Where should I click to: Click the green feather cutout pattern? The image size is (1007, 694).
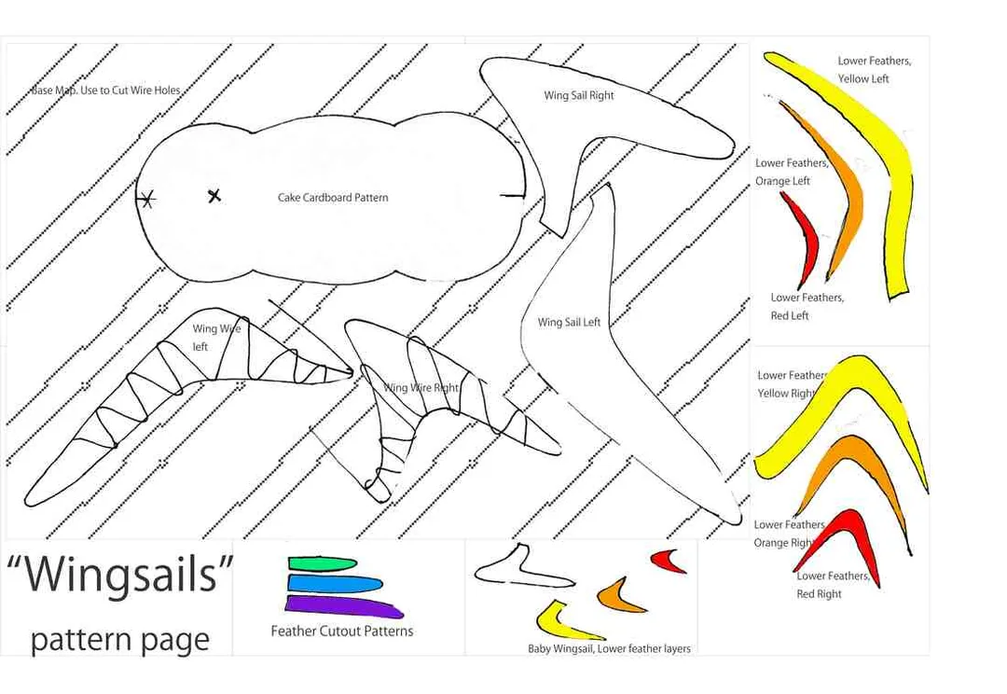[x=322, y=563]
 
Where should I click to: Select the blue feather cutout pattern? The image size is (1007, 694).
[x=335, y=584]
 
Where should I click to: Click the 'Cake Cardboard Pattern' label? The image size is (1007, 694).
[x=333, y=197]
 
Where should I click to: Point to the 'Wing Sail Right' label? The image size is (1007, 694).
[x=579, y=95]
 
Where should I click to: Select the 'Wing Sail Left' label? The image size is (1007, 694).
[x=569, y=322]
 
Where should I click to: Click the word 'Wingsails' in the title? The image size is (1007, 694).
[x=120, y=573]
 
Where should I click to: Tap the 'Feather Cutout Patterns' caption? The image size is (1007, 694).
[x=341, y=631]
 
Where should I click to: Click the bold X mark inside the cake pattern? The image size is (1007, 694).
[x=214, y=195]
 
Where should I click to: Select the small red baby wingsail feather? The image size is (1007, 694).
[x=667, y=561]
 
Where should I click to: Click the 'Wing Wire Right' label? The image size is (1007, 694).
[x=421, y=387]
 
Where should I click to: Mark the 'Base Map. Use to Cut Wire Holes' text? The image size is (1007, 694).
[x=106, y=90]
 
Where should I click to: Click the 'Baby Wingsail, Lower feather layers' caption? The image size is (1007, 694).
[x=609, y=648]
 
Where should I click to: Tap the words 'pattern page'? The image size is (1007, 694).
[x=120, y=639]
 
